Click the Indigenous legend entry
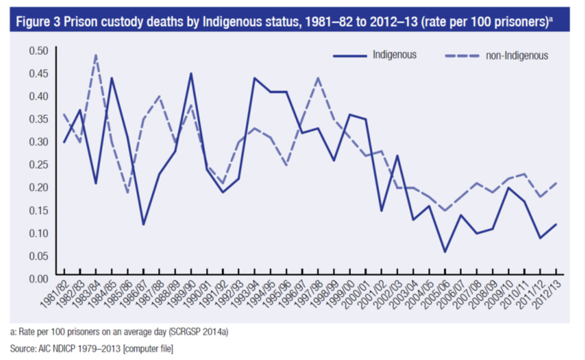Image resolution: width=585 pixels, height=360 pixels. (x=394, y=55)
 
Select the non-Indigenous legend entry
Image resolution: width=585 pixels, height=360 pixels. (x=516, y=55)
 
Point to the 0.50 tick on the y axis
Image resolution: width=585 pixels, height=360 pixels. (x=39, y=50)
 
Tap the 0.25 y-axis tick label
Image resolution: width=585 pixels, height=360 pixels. (x=39, y=164)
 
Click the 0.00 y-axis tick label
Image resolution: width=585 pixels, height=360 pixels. (x=39, y=278)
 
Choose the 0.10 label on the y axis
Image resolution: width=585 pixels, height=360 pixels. (x=39, y=233)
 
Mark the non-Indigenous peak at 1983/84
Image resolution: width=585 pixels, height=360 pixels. (x=96, y=55)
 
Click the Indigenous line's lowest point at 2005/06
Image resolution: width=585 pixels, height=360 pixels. (x=445, y=252)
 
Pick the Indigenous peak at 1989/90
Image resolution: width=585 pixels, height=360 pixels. (x=191, y=73)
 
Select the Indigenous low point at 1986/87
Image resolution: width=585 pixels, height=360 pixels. (x=143, y=224)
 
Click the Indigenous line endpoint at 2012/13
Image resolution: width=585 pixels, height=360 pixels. (x=556, y=224)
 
